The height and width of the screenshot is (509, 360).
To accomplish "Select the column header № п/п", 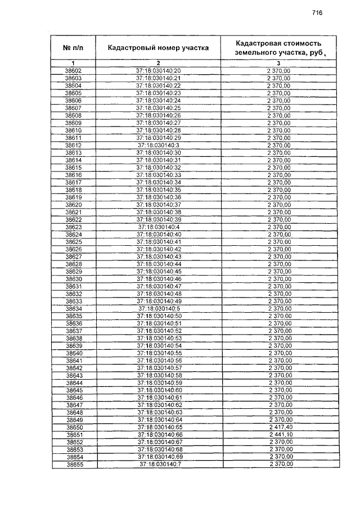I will (73, 48).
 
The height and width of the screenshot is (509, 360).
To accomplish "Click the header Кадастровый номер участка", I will (159, 48).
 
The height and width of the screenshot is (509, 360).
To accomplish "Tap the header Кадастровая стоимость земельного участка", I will (278, 48).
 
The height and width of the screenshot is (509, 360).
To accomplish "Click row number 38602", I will (73, 71).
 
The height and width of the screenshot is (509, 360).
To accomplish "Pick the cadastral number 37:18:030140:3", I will (159, 145).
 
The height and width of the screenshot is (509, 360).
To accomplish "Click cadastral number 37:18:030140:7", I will (159, 465).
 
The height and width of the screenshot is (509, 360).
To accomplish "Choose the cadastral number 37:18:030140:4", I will (159, 227).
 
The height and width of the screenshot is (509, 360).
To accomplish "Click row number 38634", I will (74, 308).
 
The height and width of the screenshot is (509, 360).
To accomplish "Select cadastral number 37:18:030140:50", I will (159, 316).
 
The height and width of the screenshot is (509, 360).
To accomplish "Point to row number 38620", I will (74, 205).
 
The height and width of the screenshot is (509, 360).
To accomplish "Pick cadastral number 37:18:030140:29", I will (159, 138).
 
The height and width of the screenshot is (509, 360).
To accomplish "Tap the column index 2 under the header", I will (159, 62).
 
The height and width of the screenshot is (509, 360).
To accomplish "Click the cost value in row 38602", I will (279, 71).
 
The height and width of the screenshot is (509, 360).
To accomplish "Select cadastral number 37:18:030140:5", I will (159, 308).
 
